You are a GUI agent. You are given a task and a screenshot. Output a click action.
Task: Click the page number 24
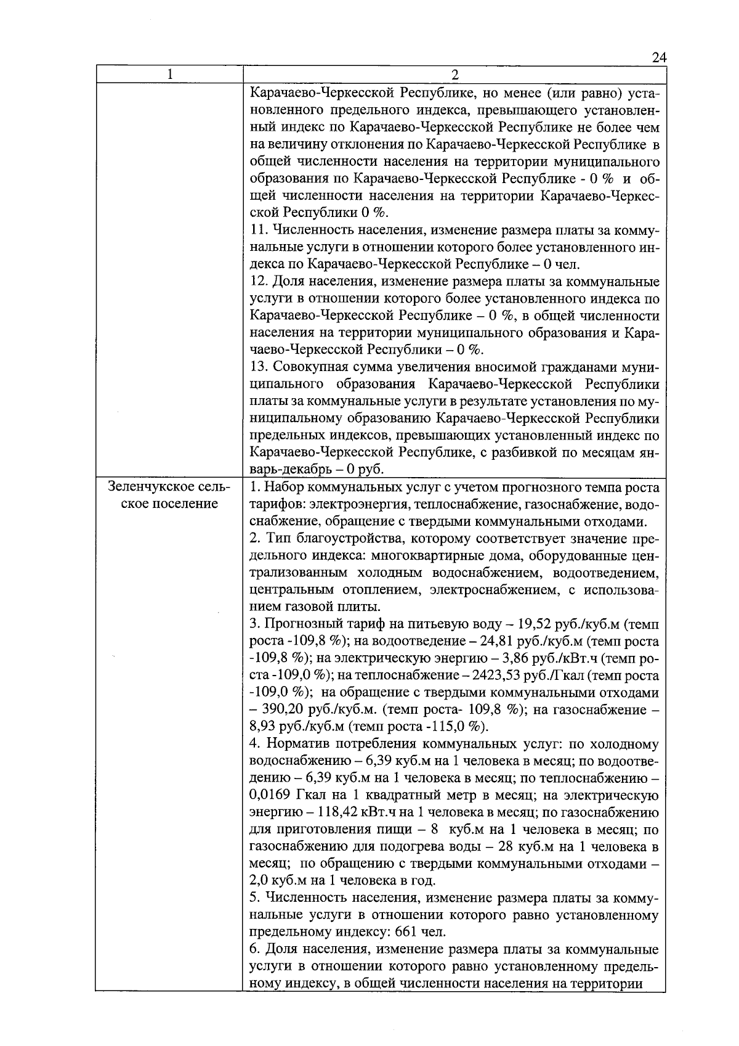click(659, 57)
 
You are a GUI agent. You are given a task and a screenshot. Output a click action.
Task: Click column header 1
click(169, 75)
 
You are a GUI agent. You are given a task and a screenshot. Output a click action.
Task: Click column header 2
click(454, 75)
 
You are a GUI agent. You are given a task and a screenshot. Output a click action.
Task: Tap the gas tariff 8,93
click(264, 727)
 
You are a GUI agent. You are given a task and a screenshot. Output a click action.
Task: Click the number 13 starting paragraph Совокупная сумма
click(259, 367)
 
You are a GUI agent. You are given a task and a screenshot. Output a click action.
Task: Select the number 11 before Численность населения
click(259, 231)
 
